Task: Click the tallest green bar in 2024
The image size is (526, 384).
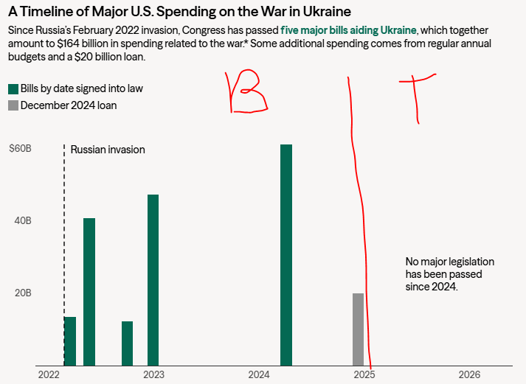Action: pos(286,254)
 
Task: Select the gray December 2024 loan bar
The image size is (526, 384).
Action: pos(358,329)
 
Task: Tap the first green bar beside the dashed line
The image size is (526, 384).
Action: pos(70,341)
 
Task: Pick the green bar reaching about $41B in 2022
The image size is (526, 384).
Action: pos(89,291)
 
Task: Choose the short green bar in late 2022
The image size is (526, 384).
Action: pos(127,343)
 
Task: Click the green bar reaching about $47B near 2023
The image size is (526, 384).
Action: pos(153,279)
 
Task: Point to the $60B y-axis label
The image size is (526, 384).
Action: pos(19,149)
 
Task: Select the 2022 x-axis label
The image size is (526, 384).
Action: pos(48,374)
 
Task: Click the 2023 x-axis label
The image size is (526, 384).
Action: pos(153,374)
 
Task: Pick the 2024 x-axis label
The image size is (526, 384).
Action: pos(259,374)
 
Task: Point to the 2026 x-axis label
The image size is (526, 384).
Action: pos(469,374)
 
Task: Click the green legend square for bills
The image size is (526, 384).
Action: pos(13,88)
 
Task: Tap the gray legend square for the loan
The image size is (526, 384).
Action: pos(13,105)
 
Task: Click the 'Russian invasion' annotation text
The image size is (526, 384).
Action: pos(108,150)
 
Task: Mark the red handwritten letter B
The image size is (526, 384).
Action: pos(248,92)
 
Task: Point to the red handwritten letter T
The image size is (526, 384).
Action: pos(418,96)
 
